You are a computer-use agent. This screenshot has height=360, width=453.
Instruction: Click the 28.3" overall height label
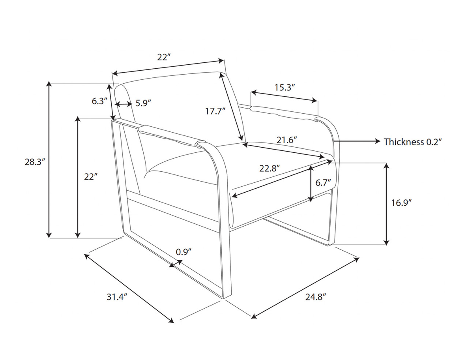coord(35,162)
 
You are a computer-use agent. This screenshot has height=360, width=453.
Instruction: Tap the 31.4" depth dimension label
coord(117,296)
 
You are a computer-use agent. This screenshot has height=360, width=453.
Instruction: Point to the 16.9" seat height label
coord(401,203)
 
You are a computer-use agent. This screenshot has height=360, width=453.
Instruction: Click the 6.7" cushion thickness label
coord(323,183)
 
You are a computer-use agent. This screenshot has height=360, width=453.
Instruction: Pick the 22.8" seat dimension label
coord(270,168)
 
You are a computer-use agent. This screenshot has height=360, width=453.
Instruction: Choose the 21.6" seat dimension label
coord(287,140)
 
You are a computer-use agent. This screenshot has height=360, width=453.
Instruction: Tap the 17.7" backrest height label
coord(215,111)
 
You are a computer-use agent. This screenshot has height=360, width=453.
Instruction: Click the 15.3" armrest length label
coord(285,87)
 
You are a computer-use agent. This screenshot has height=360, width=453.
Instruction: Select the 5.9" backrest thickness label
coord(144,103)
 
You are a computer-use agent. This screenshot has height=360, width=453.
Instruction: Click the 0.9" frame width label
coord(184,252)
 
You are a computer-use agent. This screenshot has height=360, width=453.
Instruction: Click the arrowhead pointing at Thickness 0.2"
coord(377,141)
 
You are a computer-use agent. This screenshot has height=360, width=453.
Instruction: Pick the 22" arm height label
coord(90,176)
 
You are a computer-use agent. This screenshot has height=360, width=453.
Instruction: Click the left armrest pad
coord(170,135)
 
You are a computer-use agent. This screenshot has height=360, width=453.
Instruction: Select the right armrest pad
coord(285,114)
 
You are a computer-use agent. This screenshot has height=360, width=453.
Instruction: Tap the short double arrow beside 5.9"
coord(124,104)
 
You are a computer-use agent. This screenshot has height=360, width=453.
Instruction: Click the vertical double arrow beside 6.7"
coord(311,184)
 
